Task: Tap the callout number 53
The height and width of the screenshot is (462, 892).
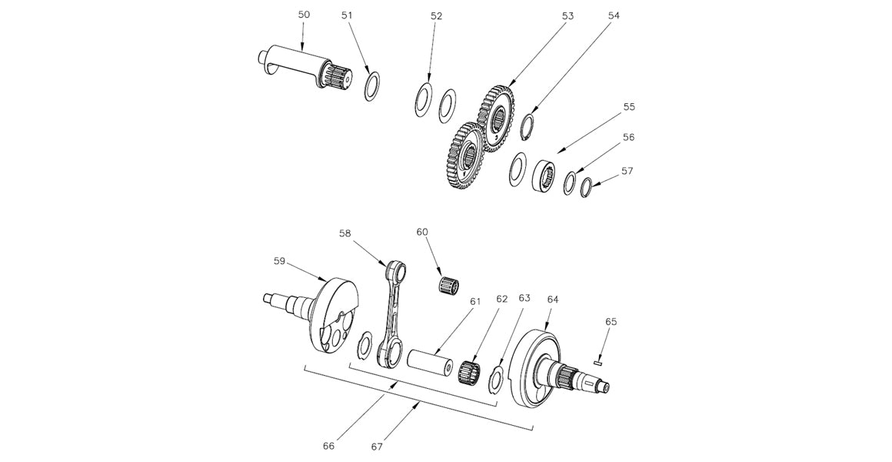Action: [568, 15]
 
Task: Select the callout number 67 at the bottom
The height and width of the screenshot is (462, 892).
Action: [377, 446]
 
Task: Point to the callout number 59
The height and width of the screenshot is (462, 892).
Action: [279, 261]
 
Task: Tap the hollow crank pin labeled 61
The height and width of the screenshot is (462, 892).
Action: [432, 361]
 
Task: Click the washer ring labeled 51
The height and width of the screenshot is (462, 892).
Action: [372, 85]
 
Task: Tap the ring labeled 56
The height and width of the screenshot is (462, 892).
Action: [571, 183]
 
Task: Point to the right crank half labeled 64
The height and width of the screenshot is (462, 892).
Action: [538, 370]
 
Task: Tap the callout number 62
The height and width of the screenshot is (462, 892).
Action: [502, 298]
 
